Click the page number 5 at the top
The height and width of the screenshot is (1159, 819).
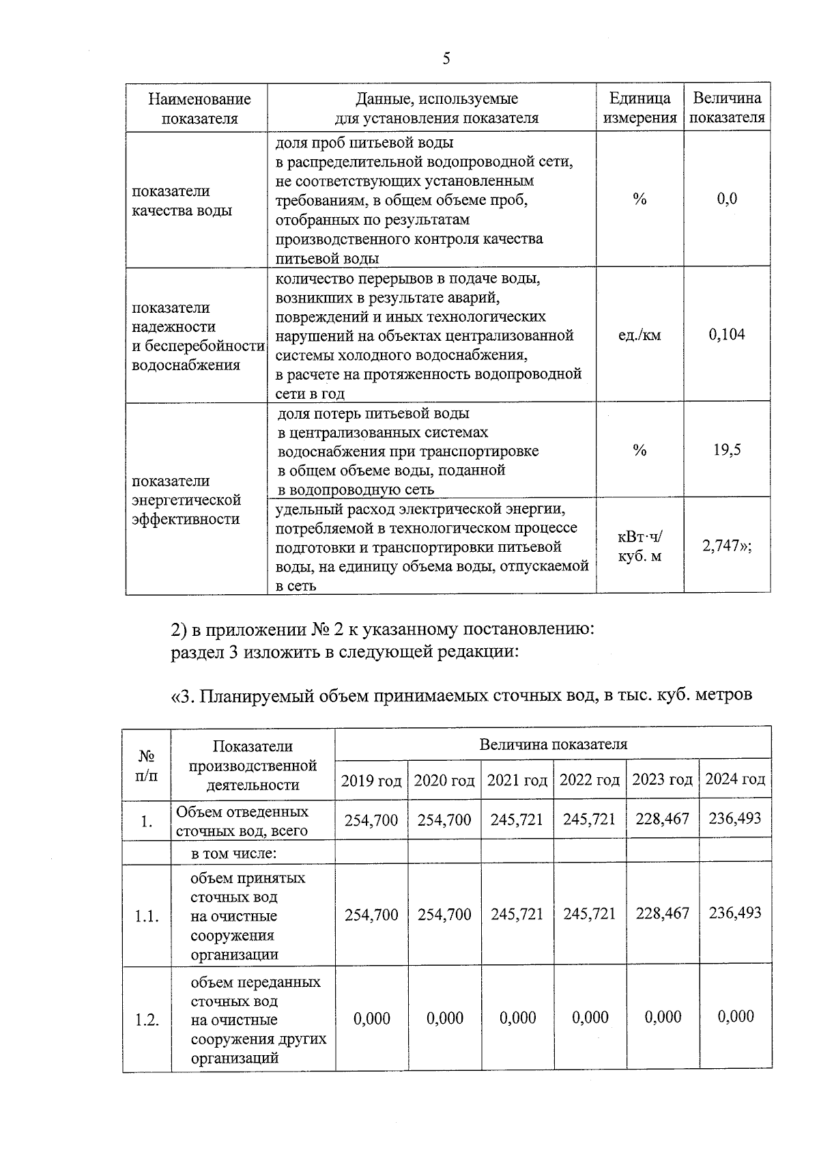(x=446, y=59)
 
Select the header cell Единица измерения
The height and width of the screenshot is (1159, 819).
(x=640, y=108)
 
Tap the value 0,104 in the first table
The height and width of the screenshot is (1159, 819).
(x=726, y=335)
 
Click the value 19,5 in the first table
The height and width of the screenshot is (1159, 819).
(x=727, y=450)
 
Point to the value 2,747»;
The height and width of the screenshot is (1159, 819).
(x=727, y=546)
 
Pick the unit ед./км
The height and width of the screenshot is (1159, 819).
(x=639, y=335)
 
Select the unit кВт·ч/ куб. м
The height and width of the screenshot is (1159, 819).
(x=640, y=546)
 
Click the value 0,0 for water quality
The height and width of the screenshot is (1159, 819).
(x=727, y=199)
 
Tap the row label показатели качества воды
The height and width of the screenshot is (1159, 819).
(x=182, y=201)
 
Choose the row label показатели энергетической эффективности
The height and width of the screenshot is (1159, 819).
(x=186, y=500)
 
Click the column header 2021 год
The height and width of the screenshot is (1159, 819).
(x=517, y=780)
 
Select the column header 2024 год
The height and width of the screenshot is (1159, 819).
(x=735, y=779)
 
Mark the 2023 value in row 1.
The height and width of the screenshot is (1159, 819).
(x=663, y=819)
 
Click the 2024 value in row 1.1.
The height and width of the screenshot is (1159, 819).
(x=735, y=913)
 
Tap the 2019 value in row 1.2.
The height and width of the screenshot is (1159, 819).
(x=372, y=1018)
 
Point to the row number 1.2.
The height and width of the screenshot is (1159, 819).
(x=147, y=1020)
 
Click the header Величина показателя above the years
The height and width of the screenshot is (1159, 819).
(x=553, y=744)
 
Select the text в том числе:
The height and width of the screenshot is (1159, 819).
(x=233, y=853)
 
